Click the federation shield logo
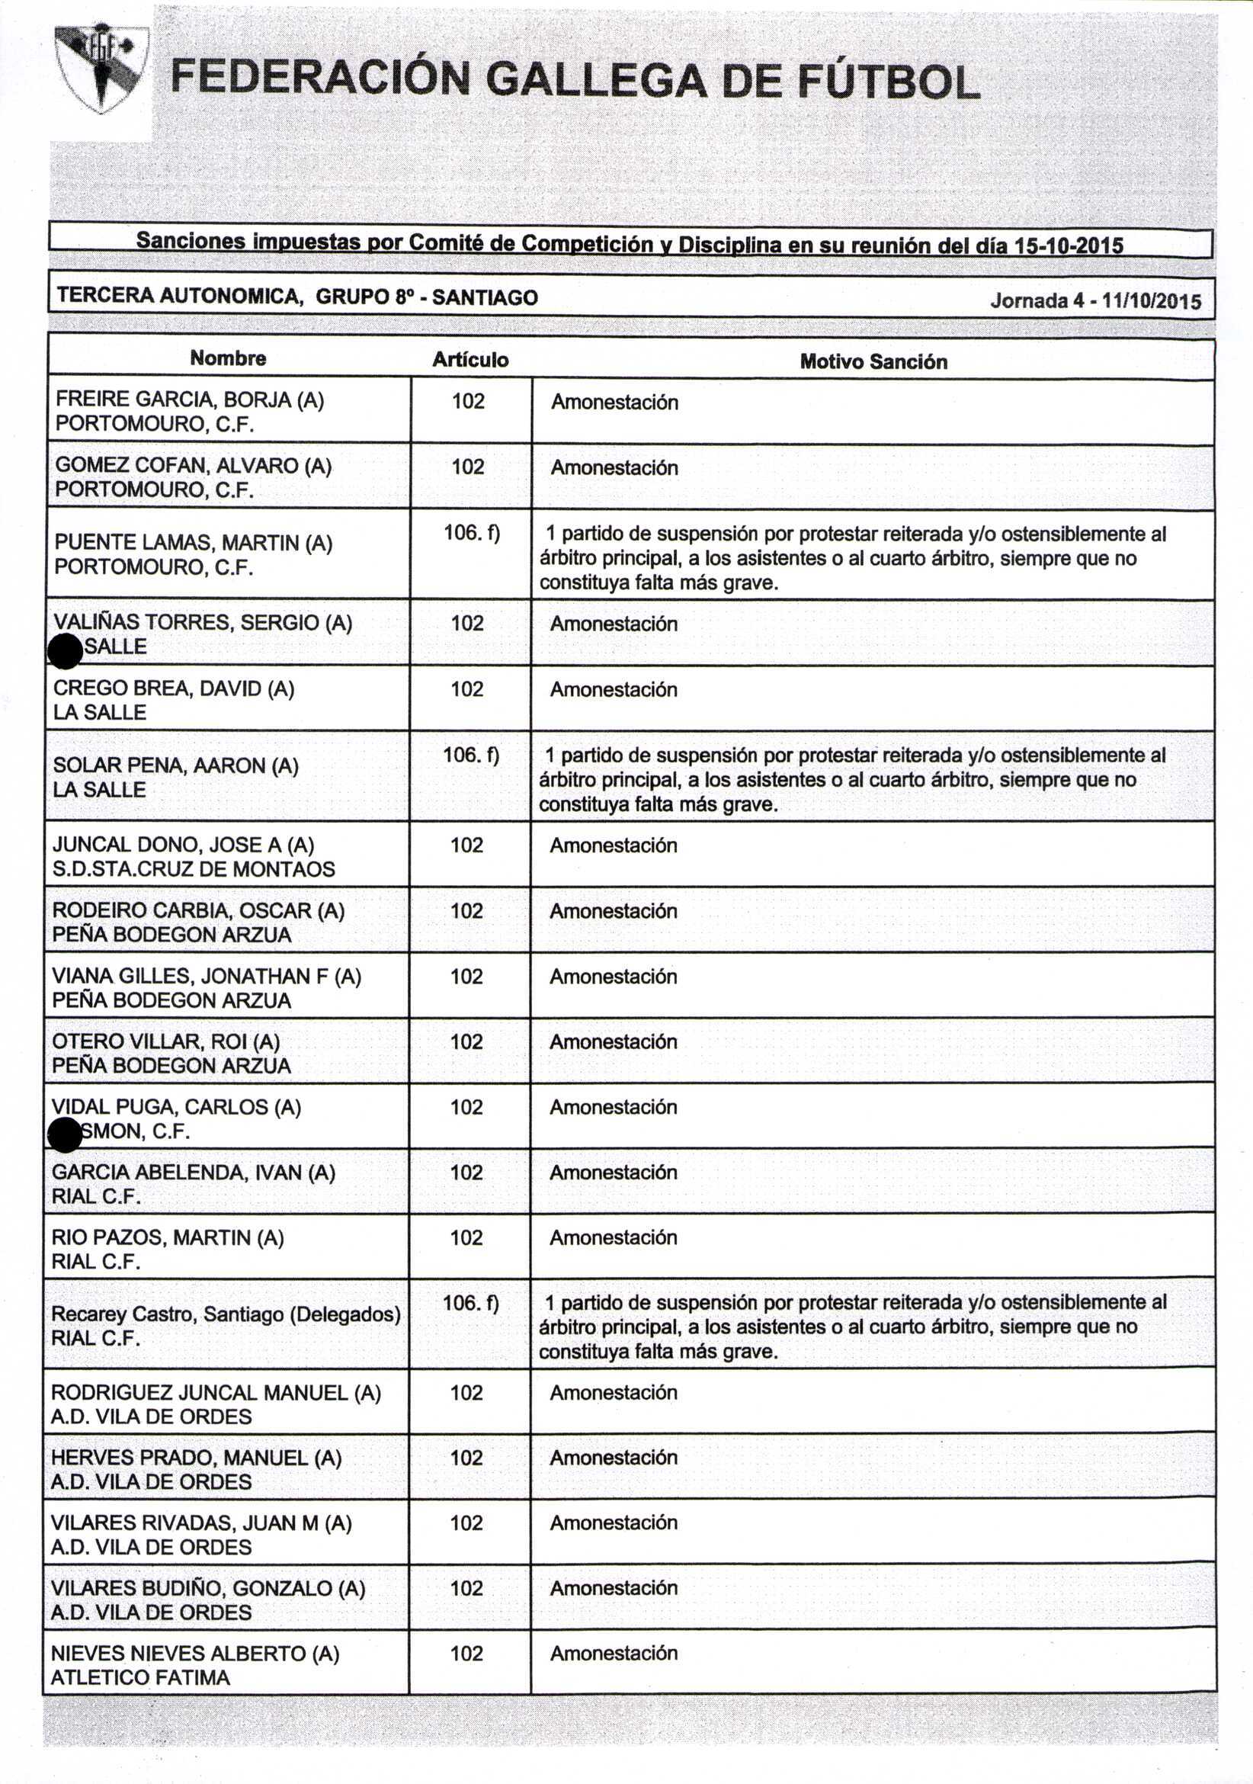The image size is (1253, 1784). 101,69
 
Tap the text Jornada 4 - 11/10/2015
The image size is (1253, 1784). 1095,301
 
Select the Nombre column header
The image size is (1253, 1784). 228,358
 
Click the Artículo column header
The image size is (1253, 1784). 470,360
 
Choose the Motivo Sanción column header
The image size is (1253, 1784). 873,362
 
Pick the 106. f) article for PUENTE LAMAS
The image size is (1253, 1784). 471,533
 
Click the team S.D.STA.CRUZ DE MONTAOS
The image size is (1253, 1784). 194,868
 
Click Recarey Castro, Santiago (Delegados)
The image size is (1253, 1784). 226,1314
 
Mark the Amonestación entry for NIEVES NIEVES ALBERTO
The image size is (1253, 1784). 613,1653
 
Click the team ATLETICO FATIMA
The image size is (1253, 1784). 139,1677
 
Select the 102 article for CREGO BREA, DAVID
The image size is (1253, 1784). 467,689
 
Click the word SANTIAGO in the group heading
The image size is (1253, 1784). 485,297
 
